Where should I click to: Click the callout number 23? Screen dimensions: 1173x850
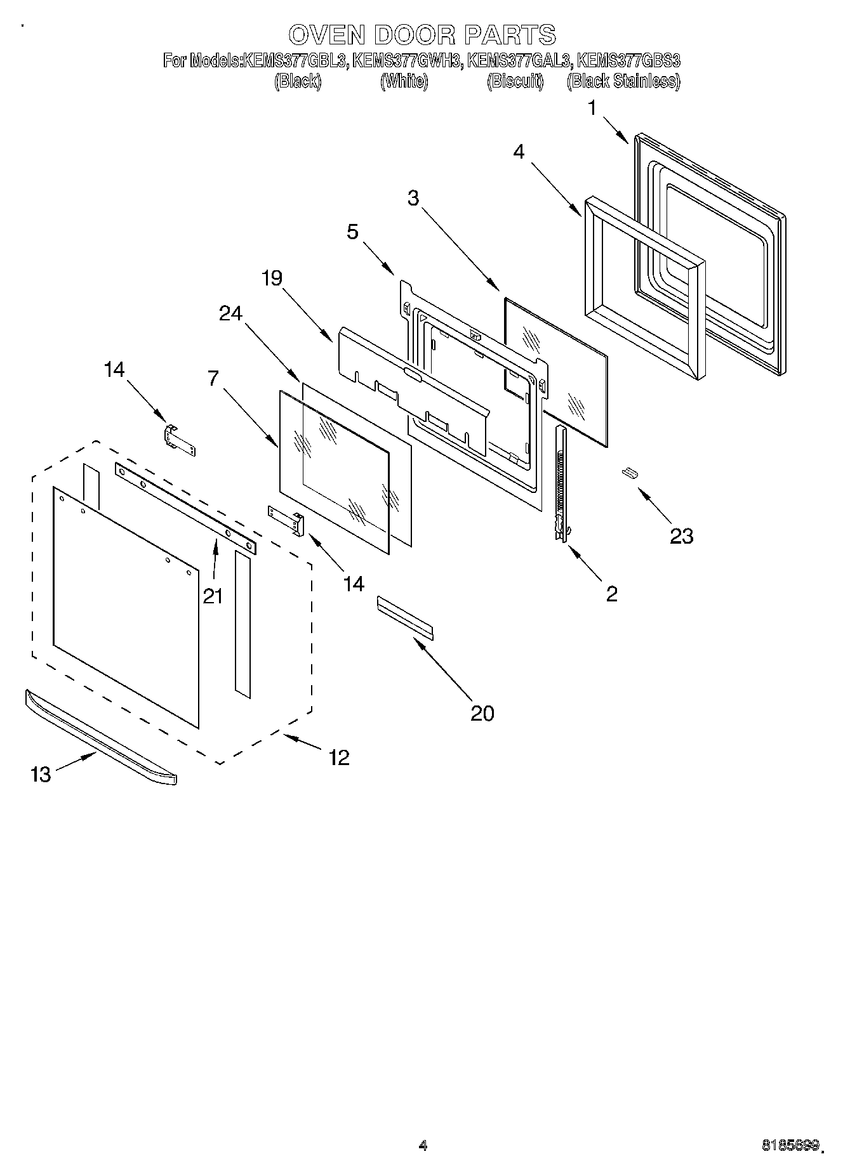pos(681,537)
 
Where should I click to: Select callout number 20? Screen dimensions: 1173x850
pos(482,713)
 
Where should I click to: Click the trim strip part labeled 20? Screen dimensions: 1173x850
pos(404,617)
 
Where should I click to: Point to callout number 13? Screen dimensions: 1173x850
pos(41,774)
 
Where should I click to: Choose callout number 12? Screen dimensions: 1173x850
pos(339,757)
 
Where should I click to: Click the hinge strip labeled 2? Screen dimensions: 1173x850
pos(561,482)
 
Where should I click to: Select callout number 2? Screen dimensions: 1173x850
pos(611,594)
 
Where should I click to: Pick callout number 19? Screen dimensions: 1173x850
pos(272,279)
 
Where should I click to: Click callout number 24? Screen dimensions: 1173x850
pos(231,313)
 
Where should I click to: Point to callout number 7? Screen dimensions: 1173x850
pos(213,379)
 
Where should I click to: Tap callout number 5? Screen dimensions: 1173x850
pos(352,232)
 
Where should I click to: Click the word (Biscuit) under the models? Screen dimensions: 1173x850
pos(515,81)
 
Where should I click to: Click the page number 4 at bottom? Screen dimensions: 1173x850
pos(423,1145)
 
